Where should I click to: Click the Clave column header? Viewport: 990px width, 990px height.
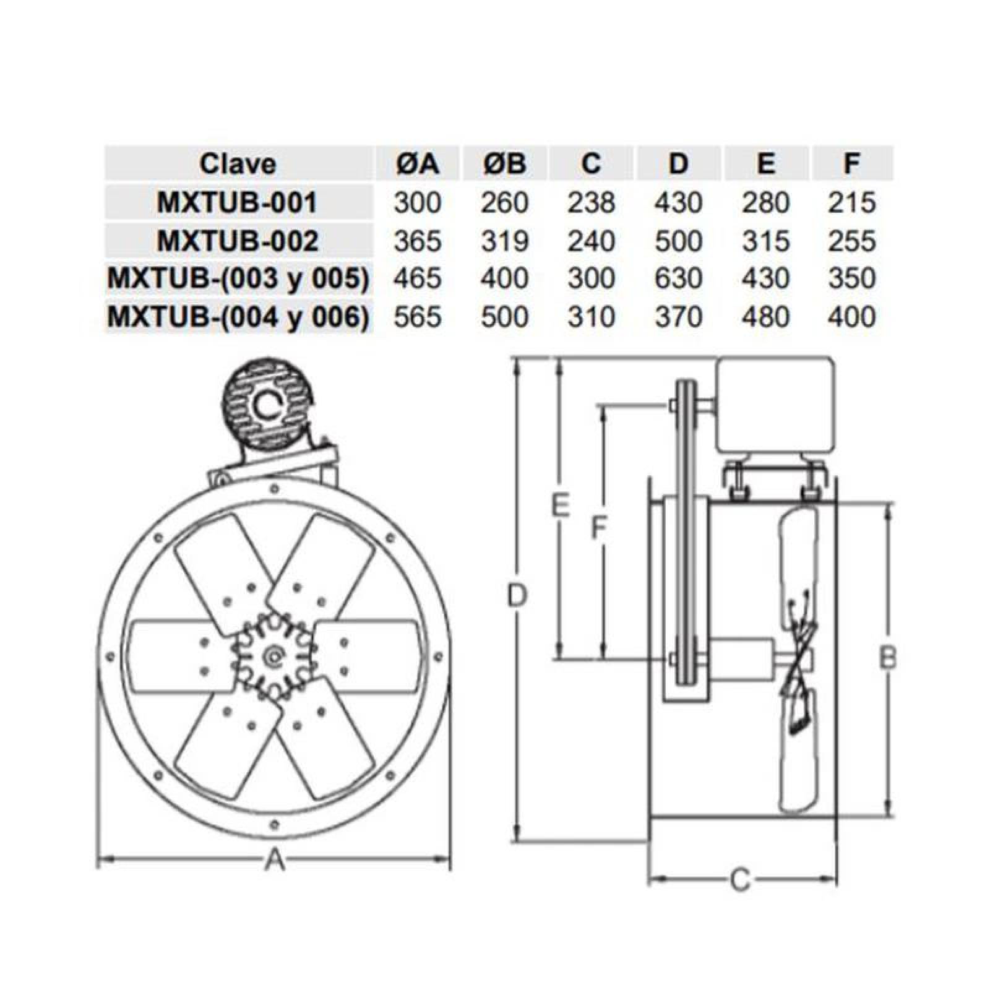pyautogui.click(x=238, y=164)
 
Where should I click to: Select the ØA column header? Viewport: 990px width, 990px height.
pyautogui.click(x=417, y=164)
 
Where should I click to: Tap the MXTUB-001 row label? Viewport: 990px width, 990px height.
pyautogui.click(x=238, y=203)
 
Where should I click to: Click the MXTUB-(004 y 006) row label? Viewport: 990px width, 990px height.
pyautogui.click(x=238, y=317)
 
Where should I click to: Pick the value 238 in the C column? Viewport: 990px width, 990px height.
pyautogui.click(x=592, y=203)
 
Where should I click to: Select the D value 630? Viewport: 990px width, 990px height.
pyautogui.click(x=678, y=278)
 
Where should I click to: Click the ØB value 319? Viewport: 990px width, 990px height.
pyautogui.click(x=504, y=241)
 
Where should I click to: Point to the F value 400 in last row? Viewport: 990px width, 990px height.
pyautogui.click(x=852, y=317)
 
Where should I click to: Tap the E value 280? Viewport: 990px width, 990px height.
pyautogui.click(x=765, y=203)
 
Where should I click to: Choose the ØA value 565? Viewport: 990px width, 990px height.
pyautogui.click(x=417, y=317)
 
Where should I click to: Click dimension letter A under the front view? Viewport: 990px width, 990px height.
pyautogui.click(x=274, y=859)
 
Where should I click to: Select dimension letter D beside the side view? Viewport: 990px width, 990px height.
pyautogui.click(x=517, y=596)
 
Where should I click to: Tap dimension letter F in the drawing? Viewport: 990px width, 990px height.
pyautogui.click(x=598, y=528)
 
